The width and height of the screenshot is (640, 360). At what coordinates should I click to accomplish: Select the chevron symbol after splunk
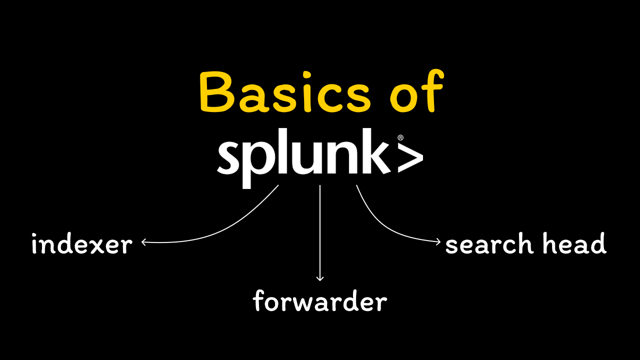tap(410, 157)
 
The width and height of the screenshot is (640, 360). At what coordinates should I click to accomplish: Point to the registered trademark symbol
tap(400, 137)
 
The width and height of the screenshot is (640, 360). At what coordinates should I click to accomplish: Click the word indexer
tap(81, 244)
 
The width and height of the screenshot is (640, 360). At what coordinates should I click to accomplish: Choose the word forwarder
tap(320, 301)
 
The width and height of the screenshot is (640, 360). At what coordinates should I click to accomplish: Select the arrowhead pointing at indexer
tap(143, 242)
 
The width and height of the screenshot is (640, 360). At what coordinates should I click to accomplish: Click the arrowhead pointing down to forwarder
tap(320, 278)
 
